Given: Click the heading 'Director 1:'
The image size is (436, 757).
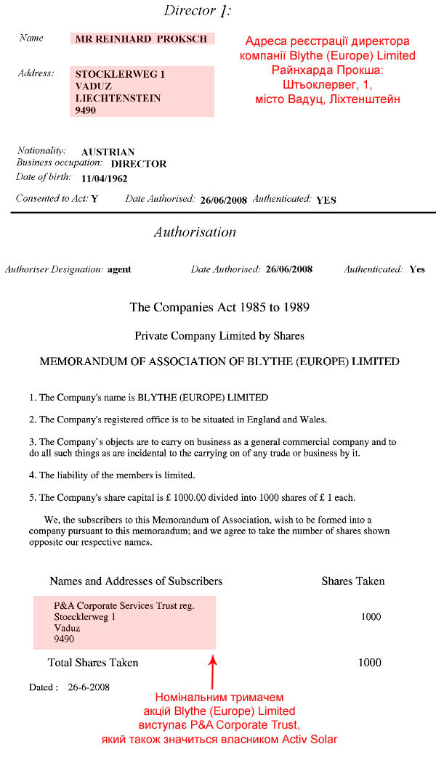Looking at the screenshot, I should point(197,10).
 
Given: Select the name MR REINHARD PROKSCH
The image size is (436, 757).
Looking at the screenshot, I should point(141,38).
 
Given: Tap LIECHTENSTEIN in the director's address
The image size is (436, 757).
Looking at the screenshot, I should point(118,98).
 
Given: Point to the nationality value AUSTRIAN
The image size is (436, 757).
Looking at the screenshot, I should point(108,152).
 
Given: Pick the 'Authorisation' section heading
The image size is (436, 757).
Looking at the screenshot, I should point(195,232).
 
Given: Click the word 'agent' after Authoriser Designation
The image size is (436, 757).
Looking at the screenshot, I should point(119,269).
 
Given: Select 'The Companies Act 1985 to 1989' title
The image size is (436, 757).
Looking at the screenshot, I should point(219,307).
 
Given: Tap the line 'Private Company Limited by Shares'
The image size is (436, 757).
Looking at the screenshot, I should point(219,336).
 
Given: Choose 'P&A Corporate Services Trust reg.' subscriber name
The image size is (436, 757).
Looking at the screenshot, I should point(124,605).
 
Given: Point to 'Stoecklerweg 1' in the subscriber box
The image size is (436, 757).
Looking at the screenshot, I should point(85,617).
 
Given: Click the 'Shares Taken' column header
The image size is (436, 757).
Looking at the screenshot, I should point(353,581).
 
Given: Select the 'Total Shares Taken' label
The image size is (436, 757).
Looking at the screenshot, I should point(93,662).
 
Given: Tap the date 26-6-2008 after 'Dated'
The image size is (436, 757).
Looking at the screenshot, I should point(89,687).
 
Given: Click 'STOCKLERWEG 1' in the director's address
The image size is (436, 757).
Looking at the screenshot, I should point(120,74).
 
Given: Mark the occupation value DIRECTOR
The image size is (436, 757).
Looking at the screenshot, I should point(138,164).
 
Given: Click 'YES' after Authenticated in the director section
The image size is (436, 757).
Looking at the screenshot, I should point(326,200).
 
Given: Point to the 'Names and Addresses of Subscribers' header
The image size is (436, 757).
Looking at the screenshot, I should point(136,581).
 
